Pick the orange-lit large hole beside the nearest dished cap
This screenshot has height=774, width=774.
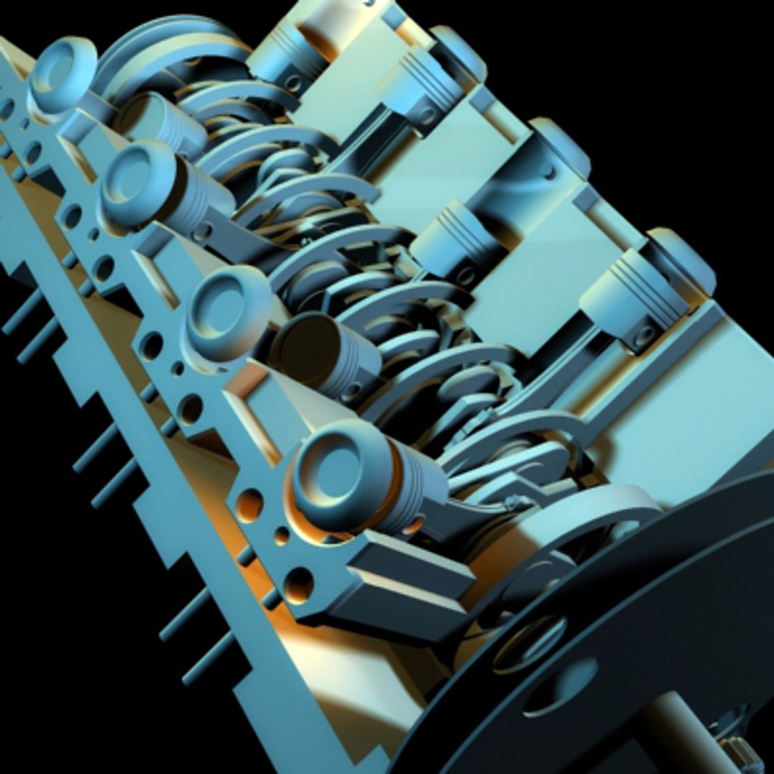249,506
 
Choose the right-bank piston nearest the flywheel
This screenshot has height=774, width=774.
631,301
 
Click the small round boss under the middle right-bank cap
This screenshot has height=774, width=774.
548,172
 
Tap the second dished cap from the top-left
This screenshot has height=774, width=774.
138,179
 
